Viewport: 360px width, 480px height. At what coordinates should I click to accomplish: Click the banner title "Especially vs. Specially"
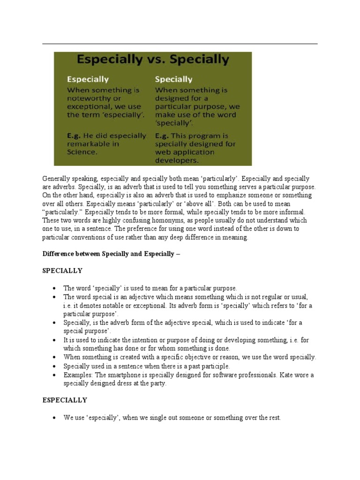(x=153, y=60)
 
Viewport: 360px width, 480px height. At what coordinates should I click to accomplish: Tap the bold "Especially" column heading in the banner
(x=88, y=79)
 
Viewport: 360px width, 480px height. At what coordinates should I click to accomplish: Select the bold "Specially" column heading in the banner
(x=173, y=79)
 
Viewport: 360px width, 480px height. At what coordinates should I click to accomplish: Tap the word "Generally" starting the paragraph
(x=57, y=179)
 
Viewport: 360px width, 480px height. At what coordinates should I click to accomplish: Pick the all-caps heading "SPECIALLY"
(x=62, y=270)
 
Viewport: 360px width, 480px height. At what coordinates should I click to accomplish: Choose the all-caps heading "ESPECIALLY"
(x=65, y=400)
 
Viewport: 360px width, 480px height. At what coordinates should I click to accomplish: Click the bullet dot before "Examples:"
(x=55, y=375)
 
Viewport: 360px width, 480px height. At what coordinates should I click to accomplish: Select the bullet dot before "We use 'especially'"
(x=55, y=417)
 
